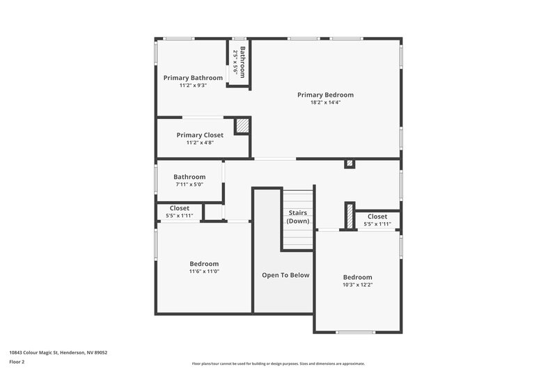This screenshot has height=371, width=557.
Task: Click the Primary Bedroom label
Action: pos(325,95)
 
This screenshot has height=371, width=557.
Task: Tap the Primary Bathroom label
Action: pos(193,78)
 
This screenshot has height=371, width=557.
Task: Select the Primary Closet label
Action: pos(200,135)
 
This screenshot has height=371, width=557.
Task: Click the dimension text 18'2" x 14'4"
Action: pos(325,103)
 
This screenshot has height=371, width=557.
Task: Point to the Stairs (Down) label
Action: pos(298,216)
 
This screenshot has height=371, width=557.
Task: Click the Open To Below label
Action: pos(285,275)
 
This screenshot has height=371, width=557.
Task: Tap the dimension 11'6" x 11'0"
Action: pos(204,271)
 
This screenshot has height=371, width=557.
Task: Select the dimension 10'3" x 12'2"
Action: pos(357,285)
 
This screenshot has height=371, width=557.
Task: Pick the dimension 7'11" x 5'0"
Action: pos(189,185)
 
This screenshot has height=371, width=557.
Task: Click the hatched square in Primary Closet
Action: pos(242,126)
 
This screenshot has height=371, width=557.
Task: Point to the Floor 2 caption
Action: pos(17,362)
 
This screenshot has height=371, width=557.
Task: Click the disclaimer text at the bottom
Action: pos(278,363)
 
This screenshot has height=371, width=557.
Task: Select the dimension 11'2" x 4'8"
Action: pos(200,143)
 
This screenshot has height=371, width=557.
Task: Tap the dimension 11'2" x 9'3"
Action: pos(193,86)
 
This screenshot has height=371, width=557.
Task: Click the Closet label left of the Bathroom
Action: pos(180,208)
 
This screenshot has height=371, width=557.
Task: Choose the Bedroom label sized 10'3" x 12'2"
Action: pos(357,277)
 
